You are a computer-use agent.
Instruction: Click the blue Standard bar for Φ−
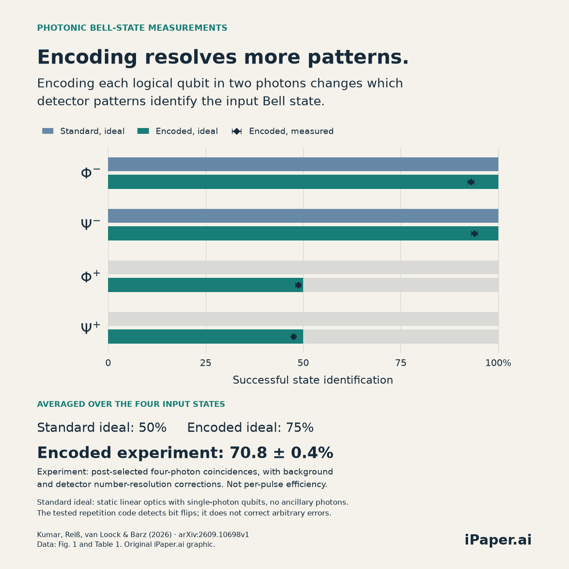tap(303, 164)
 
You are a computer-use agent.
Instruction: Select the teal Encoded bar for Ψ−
tap(303, 233)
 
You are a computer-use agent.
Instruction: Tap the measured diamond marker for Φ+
tap(298, 285)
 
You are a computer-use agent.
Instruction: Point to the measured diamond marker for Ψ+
tap(293, 337)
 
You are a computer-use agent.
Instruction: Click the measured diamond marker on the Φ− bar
tap(471, 182)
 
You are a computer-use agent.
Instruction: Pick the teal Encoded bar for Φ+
tap(205, 285)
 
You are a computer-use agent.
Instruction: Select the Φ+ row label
tap(91, 276)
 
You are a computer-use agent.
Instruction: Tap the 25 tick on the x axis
tap(205, 363)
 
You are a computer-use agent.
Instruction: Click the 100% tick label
tap(498, 363)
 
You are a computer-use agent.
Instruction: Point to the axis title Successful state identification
tap(312, 380)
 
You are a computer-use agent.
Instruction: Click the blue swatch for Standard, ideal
tap(48, 131)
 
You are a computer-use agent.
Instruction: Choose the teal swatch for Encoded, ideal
tap(143, 131)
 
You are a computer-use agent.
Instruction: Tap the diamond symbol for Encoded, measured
tap(237, 131)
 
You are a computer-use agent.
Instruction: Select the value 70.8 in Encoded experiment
tap(248, 453)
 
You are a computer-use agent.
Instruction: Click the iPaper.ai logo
tap(498, 540)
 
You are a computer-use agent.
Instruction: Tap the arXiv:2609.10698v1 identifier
tap(214, 535)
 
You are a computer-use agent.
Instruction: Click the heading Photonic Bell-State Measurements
tap(132, 28)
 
